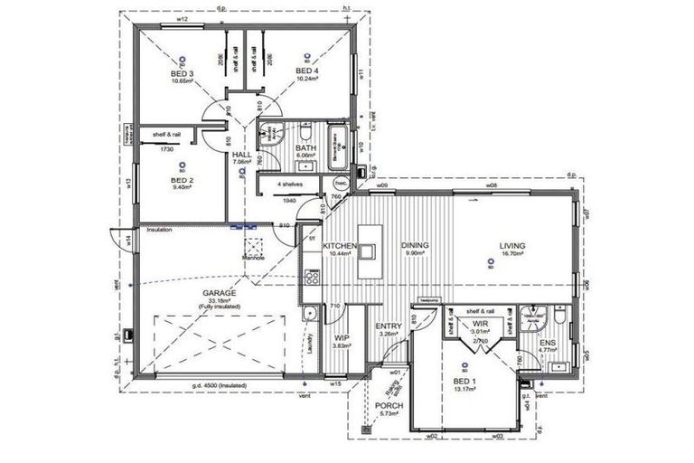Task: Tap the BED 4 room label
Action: pos(307,71)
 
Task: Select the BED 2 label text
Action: pos(182,181)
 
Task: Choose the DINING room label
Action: pos(415,245)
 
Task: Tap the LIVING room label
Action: pos(511,245)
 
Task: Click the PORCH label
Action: pos(389,406)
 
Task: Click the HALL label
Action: pos(241,156)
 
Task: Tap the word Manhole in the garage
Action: pos(252,258)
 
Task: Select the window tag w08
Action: pos(492,185)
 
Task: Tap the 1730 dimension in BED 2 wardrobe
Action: pos(165,148)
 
